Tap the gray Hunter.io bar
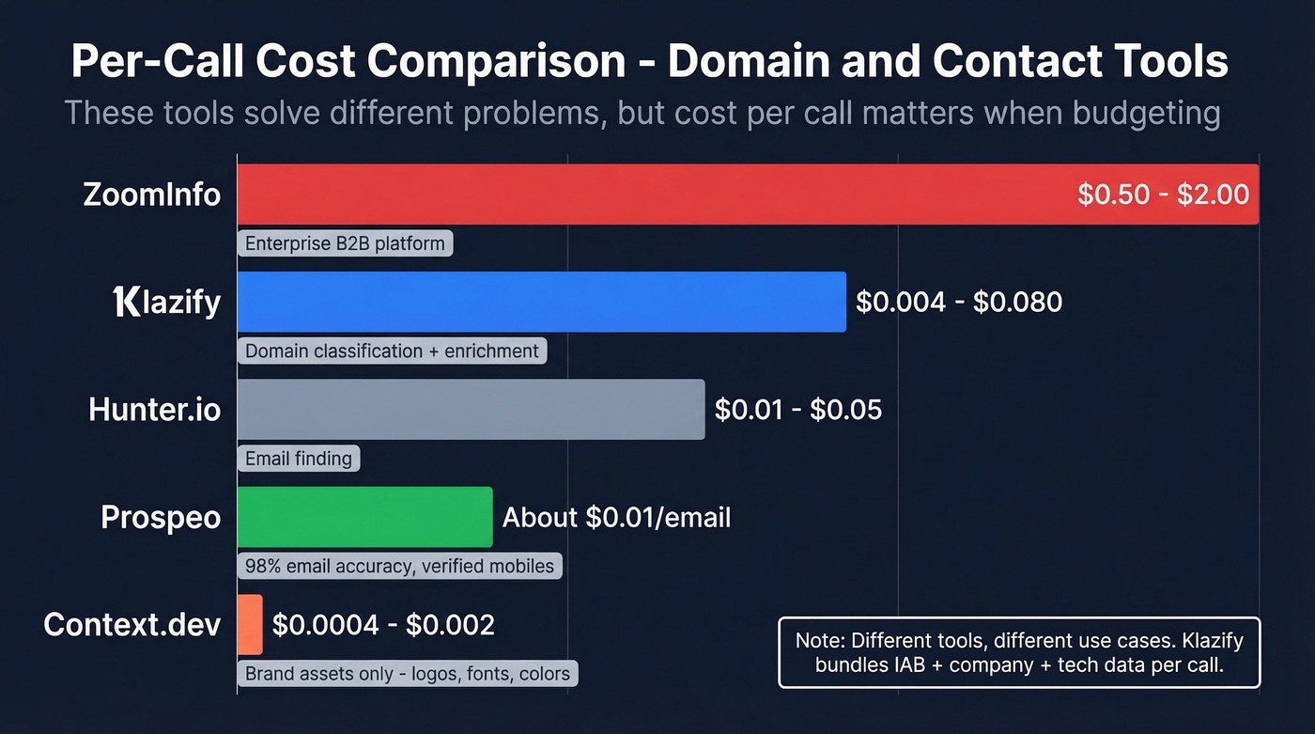(x=471, y=409)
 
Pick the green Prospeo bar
(x=364, y=517)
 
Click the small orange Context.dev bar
(x=250, y=624)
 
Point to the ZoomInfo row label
(x=152, y=195)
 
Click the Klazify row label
(x=166, y=302)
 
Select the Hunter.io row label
(x=155, y=410)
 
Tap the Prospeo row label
(x=161, y=517)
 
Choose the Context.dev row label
(x=132, y=625)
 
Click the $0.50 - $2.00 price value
(x=1163, y=195)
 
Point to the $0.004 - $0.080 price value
(x=959, y=302)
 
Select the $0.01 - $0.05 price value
(x=798, y=410)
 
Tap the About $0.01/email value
(x=616, y=517)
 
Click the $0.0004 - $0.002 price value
(x=383, y=625)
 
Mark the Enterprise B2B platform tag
(x=345, y=244)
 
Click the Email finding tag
(x=299, y=459)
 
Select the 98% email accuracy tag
(x=399, y=566)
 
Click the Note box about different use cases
(x=1019, y=653)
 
